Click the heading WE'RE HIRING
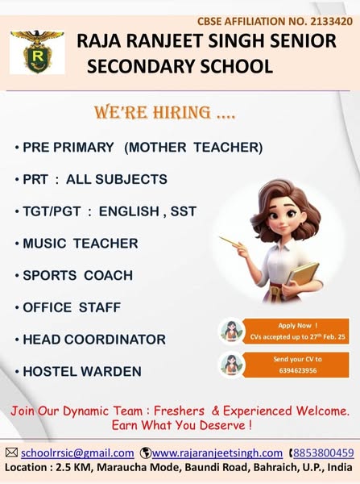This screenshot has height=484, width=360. [165, 112]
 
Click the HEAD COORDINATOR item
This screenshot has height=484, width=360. [94, 340]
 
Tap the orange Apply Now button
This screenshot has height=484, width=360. [296, 331]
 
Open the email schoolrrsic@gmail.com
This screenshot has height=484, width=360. [77, 453]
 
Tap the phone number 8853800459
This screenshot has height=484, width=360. [324, 453]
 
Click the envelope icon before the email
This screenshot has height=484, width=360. [11, 453]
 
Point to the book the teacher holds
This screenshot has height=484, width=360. [303, 274]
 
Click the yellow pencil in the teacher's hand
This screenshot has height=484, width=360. [230, 241]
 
